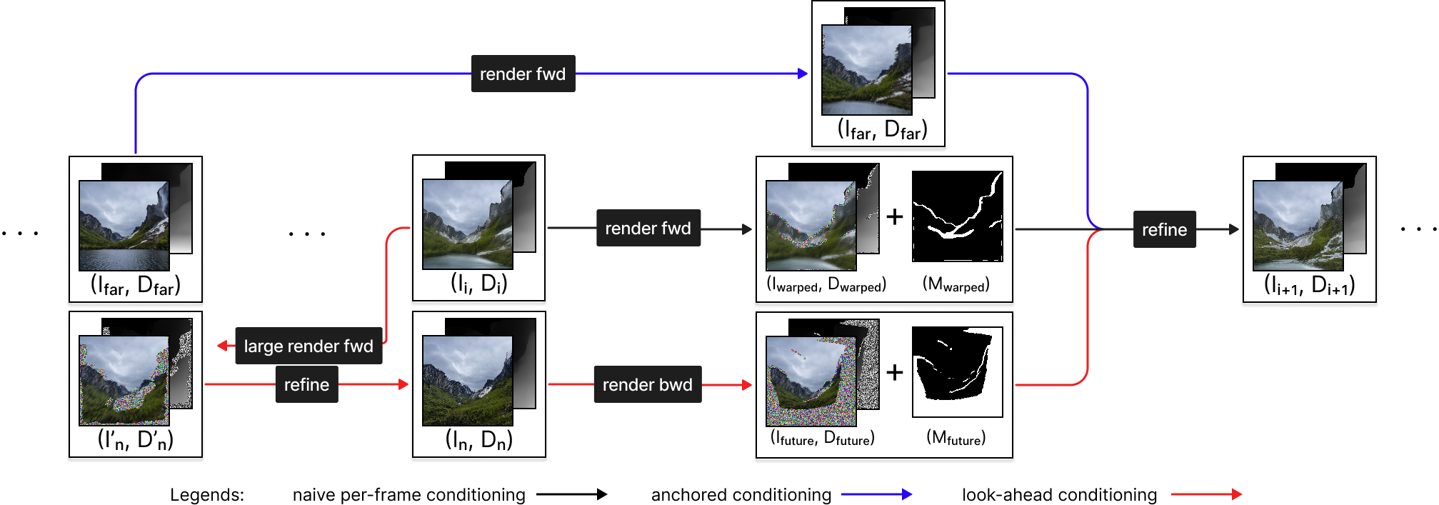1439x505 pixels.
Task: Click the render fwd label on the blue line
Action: click(523, 74)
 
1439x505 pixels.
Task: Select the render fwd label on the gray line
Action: click(648, 228)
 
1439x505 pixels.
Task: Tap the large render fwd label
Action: click(309, 346)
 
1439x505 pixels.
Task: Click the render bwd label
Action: click(647, 384)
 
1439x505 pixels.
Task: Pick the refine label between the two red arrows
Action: click(306, 384)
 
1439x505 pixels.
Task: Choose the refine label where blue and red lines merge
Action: click(1164, 229)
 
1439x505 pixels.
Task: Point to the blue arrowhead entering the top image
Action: click(803, 74)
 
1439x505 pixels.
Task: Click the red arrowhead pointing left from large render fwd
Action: click(223, 346)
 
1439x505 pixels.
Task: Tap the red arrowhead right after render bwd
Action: click(747, 385)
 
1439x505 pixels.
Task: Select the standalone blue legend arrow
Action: click(877, 494)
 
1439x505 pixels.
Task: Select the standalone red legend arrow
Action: click(1207, 494)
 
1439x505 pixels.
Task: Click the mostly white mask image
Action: click(958, 372)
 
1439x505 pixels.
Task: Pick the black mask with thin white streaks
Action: click(958, 216)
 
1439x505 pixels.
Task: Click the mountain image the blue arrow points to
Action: click(867, 70)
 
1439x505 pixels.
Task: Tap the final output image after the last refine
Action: click(1298, 226)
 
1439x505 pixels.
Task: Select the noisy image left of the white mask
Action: click(811, 381)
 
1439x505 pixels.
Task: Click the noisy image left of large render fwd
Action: click(124, 381)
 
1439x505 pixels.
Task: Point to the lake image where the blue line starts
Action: click(124, 226)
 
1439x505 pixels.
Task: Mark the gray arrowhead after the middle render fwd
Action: click(747, 229)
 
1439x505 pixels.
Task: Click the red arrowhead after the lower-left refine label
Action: click(403, 384)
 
